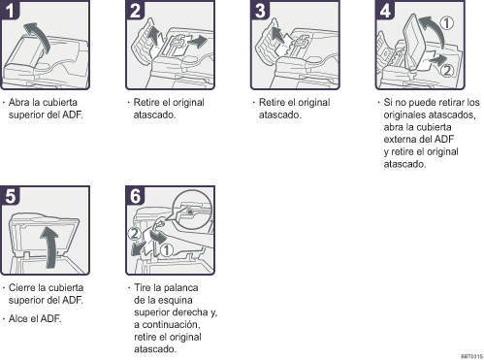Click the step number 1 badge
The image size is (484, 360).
(12, 11)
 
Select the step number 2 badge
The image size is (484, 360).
(137, 11)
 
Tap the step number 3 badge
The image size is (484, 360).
(262, 11)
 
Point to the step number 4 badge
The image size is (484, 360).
(387, 11)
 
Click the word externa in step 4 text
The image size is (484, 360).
(403, 139)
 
